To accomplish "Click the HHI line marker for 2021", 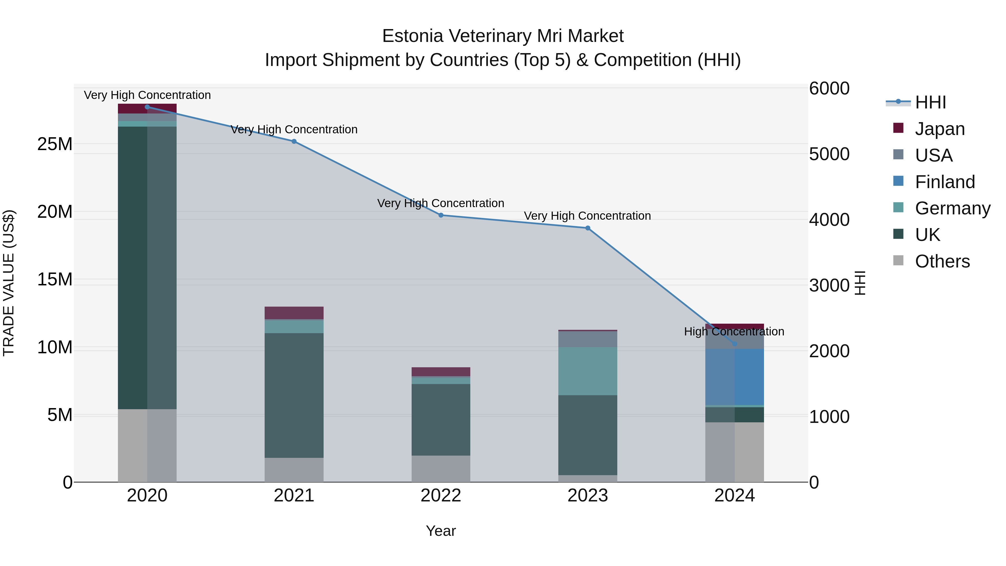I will coord(294,141).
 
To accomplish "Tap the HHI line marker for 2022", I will coord(441,215).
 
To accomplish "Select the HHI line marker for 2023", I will coord(588,228).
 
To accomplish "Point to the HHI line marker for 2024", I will coord(735,344).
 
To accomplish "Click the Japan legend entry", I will coord(939,129).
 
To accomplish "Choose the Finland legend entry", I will coord(944,182).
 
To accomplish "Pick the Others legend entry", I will coord(942,261).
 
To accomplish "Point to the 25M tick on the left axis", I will coord(55,144).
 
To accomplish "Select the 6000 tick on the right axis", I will coord(829,88).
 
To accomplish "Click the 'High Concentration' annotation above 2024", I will coord(734,331).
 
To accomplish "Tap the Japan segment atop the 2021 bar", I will coord(294,313).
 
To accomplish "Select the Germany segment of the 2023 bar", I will coord(588,371).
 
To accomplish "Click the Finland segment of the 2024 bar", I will coord(735,377).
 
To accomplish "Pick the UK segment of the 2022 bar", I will coord(441,420).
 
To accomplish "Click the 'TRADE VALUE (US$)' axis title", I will coord(9,283).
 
